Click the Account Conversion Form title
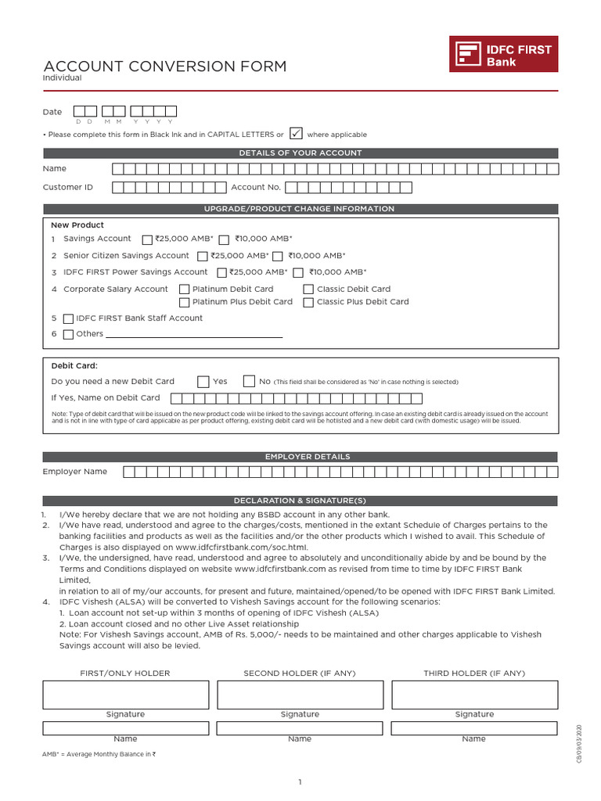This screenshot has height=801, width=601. click(165, 66)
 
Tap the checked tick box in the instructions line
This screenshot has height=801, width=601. click(296, 134)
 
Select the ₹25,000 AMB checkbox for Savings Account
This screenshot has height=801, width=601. click(148, 239)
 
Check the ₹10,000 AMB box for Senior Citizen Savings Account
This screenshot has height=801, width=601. click(278, 257)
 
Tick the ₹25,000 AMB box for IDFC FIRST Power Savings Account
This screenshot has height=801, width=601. click(221, 273)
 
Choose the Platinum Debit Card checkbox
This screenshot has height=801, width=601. click(185, 289)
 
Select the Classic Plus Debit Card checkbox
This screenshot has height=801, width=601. click(308, 303)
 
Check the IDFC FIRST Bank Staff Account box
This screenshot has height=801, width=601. click(69, 319)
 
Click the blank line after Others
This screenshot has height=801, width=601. click(194, 335)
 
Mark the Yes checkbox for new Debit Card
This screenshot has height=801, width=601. click(203, 382)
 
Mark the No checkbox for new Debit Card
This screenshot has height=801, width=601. click(249, 382)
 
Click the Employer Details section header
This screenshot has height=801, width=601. click(300, 457)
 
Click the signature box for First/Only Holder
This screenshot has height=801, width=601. click(125, 695)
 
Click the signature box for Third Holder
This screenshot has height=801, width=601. click(474, 695)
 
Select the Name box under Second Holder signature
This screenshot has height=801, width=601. click(300, 728)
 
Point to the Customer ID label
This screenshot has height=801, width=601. click(68, 188)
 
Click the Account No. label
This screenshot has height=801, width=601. click(256, 188)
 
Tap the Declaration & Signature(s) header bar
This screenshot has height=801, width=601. click(300, 501)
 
